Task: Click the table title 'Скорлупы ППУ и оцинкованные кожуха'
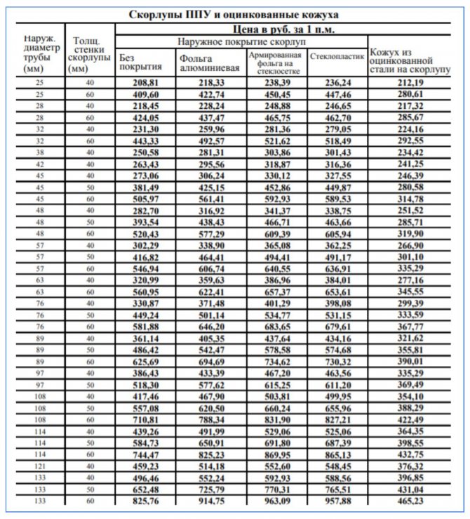coord(235,14)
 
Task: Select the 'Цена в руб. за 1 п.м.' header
coord(286,29)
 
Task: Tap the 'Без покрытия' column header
coord(140,62)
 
